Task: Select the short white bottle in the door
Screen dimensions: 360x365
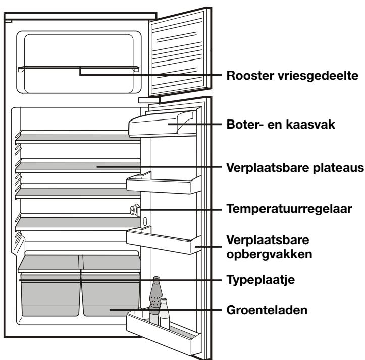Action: point(165,313)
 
